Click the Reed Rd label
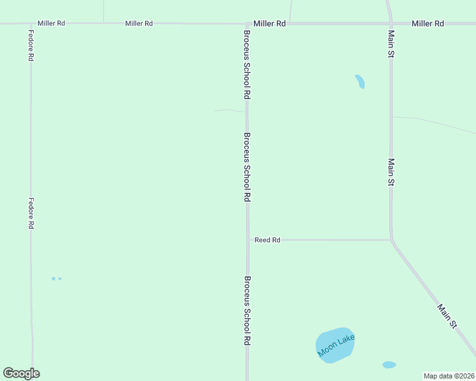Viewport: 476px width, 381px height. point(267,240)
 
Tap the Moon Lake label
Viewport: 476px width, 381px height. point(337,346)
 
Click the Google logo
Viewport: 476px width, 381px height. point(21,373)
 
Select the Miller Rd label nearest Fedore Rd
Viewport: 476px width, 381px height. point(52,23)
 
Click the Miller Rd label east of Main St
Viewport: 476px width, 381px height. point(428,23)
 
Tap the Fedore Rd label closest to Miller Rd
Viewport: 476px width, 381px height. point(31,44)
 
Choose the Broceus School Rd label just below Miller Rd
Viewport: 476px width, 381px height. point(247,63)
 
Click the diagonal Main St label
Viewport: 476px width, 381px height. point(447,316)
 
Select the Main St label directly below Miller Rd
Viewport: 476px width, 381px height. point(391,44)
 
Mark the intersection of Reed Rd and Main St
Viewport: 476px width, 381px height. point(391,240)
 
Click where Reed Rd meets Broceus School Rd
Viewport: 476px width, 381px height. point(248,240)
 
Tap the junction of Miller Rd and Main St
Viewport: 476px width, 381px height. point(390,23)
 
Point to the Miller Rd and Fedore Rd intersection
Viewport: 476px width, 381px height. point(31,24)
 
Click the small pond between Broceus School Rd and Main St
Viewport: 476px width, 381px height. point(360,81)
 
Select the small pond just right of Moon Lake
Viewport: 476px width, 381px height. point(389,365)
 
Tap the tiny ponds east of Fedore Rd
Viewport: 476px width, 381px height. point(56,278)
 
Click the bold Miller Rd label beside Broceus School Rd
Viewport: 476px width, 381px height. point(270,23)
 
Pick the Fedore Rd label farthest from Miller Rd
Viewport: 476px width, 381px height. point(31,213)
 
